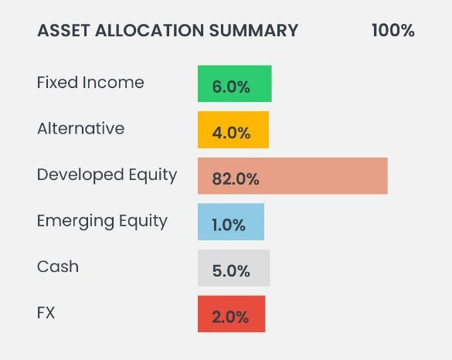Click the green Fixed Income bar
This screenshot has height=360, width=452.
(235, 83)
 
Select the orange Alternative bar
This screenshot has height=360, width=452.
(233, 130)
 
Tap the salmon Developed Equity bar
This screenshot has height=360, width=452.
(293, 176)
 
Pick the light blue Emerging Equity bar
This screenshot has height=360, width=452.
(231, 222)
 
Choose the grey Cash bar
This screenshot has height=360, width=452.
(234, 268)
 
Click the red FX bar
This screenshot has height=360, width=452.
(232, 314)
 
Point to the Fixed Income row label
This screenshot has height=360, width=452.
(90, 83)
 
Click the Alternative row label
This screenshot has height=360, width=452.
(80, 128)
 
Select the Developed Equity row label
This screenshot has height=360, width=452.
(107, 175)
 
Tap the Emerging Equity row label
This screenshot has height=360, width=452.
(102, 222)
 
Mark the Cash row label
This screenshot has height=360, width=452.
(58, 267)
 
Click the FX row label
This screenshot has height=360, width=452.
(46, 312)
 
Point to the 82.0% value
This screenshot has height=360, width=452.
(236, 178)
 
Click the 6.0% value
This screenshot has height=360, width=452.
(231, 87)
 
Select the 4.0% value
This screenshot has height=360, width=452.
(231, 133)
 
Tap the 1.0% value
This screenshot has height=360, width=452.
(229, 225)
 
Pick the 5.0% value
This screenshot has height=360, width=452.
(231, 271)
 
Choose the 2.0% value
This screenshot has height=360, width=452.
(230, 317)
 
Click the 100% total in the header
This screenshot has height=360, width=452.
(393, 30)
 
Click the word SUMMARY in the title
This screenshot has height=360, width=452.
(253, 30)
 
